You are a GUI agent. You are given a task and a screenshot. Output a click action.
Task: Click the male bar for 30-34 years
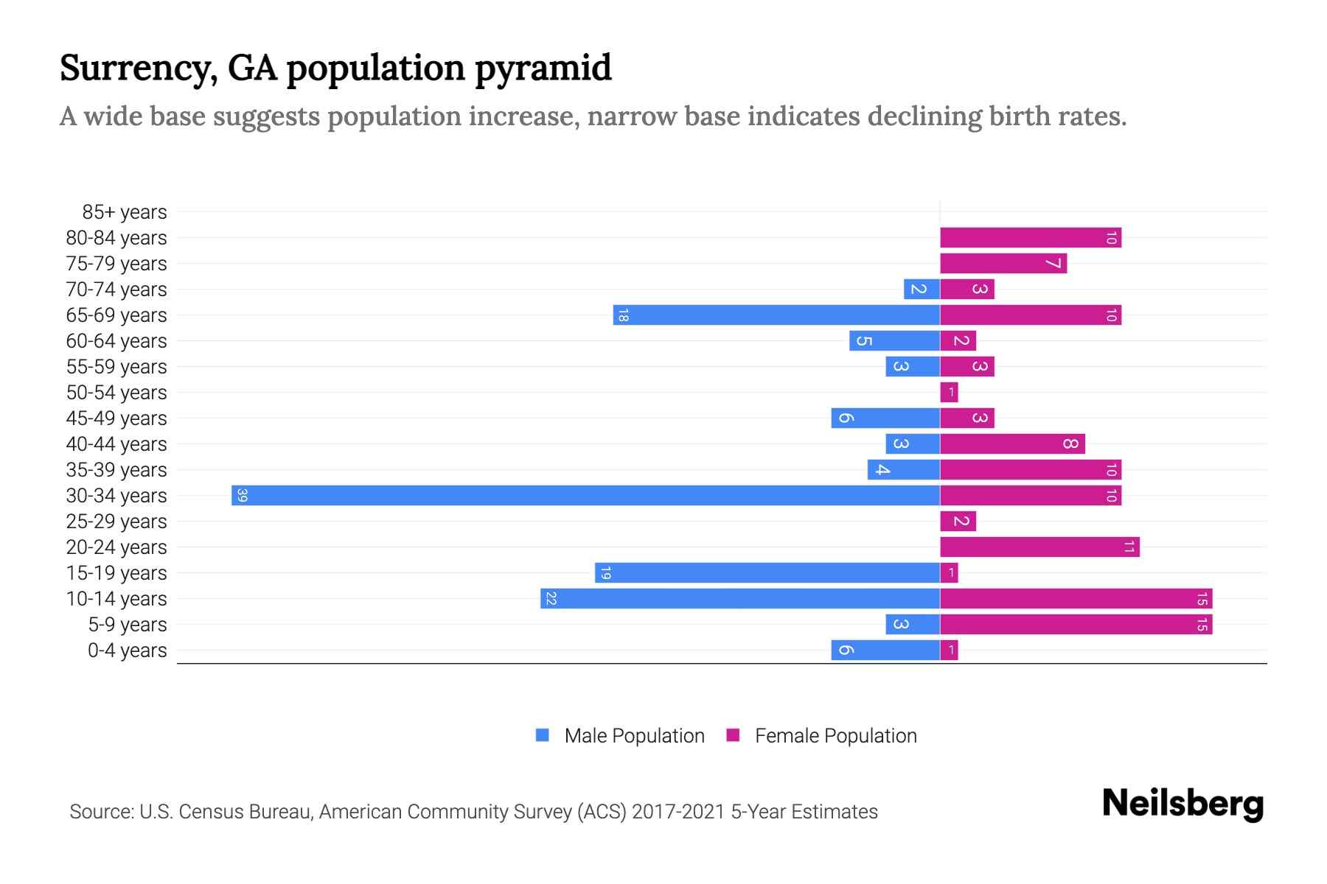click(x=585, y=495)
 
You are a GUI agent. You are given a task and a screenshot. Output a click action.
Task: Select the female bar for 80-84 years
click(x=1030, y=237)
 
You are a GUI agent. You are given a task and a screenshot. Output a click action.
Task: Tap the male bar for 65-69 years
click(x=776, y=315)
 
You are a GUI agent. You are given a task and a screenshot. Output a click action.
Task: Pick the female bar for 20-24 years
click(x=1039, y=547)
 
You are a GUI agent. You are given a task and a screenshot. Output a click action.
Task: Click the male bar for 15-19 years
click(x=767, y=572)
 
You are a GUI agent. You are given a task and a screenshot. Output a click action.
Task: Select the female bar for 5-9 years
click(x=1076, y=624)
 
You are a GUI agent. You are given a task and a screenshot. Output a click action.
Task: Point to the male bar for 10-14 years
click(x=739, y=598)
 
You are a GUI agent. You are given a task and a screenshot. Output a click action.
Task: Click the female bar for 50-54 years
click(x=949, y=392)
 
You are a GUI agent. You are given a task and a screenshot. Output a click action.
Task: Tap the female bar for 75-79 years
click(x=1003, y=263)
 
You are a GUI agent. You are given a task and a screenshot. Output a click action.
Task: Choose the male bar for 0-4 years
click(x=885, y=650)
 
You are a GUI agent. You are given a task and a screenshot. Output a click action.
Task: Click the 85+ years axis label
click(x=125, y=212)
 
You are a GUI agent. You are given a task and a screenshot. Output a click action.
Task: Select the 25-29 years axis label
click(x=116, y=522)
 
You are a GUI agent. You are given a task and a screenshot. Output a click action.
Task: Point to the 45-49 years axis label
click(x=116, y=418)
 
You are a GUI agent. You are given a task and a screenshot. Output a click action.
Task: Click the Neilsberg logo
click(x=1183, y=804)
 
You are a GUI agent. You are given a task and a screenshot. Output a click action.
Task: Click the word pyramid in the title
click(x=543, y=69)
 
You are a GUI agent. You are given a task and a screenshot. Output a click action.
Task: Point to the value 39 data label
click(x=242, y=495)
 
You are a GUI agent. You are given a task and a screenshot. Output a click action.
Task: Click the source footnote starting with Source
click(x=473, y=812)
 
